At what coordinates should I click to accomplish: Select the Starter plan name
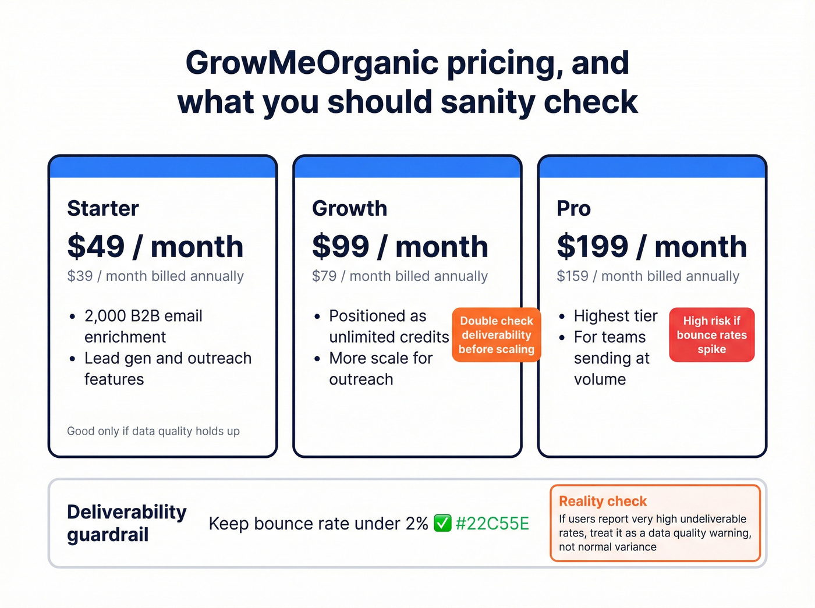pyautogui.click(x=103, y=208)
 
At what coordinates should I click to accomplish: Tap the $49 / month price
pyautogui.click(x=155, y=246)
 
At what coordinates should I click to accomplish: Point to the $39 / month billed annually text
pyautogui.click(x=155, y=276)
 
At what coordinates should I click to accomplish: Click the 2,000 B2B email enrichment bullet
pyautogui.click(x=143, y=326)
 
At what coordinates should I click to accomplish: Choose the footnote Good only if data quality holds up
pyautogui.click(x=153, y=431)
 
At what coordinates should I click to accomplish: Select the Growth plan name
pyautogui.click(x=349, y=208)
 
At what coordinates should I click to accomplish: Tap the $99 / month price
pyautogui.click(x=400, y=246)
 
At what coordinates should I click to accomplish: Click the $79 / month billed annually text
pyautogui.click(x=400, y=276)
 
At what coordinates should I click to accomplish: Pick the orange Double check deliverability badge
pyautogui.click(x=496, y=335)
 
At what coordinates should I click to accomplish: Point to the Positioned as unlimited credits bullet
pyautogui.click(x=388, y=326)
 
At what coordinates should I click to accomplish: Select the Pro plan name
pyautogui.click(x=573, y=208)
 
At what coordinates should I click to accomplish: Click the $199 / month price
pyautogui.click(x=651, y=246)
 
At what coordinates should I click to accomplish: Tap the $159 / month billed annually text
pyautogui.click(x=648, y=276)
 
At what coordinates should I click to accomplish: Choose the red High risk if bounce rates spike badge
pyautogui.click(x=711, y=335)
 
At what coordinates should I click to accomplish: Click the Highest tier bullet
pyautogui.click(x=615, y=316)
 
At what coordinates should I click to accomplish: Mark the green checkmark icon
pyautogui.click(x=442, y=524)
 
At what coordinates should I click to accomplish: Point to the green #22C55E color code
pyautogui.click(x=492, y=524)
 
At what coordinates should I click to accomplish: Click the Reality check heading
pyautogui.click(x=603, y=501)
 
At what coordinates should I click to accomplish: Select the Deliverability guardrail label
pyautogui.click(x=126, y=523)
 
